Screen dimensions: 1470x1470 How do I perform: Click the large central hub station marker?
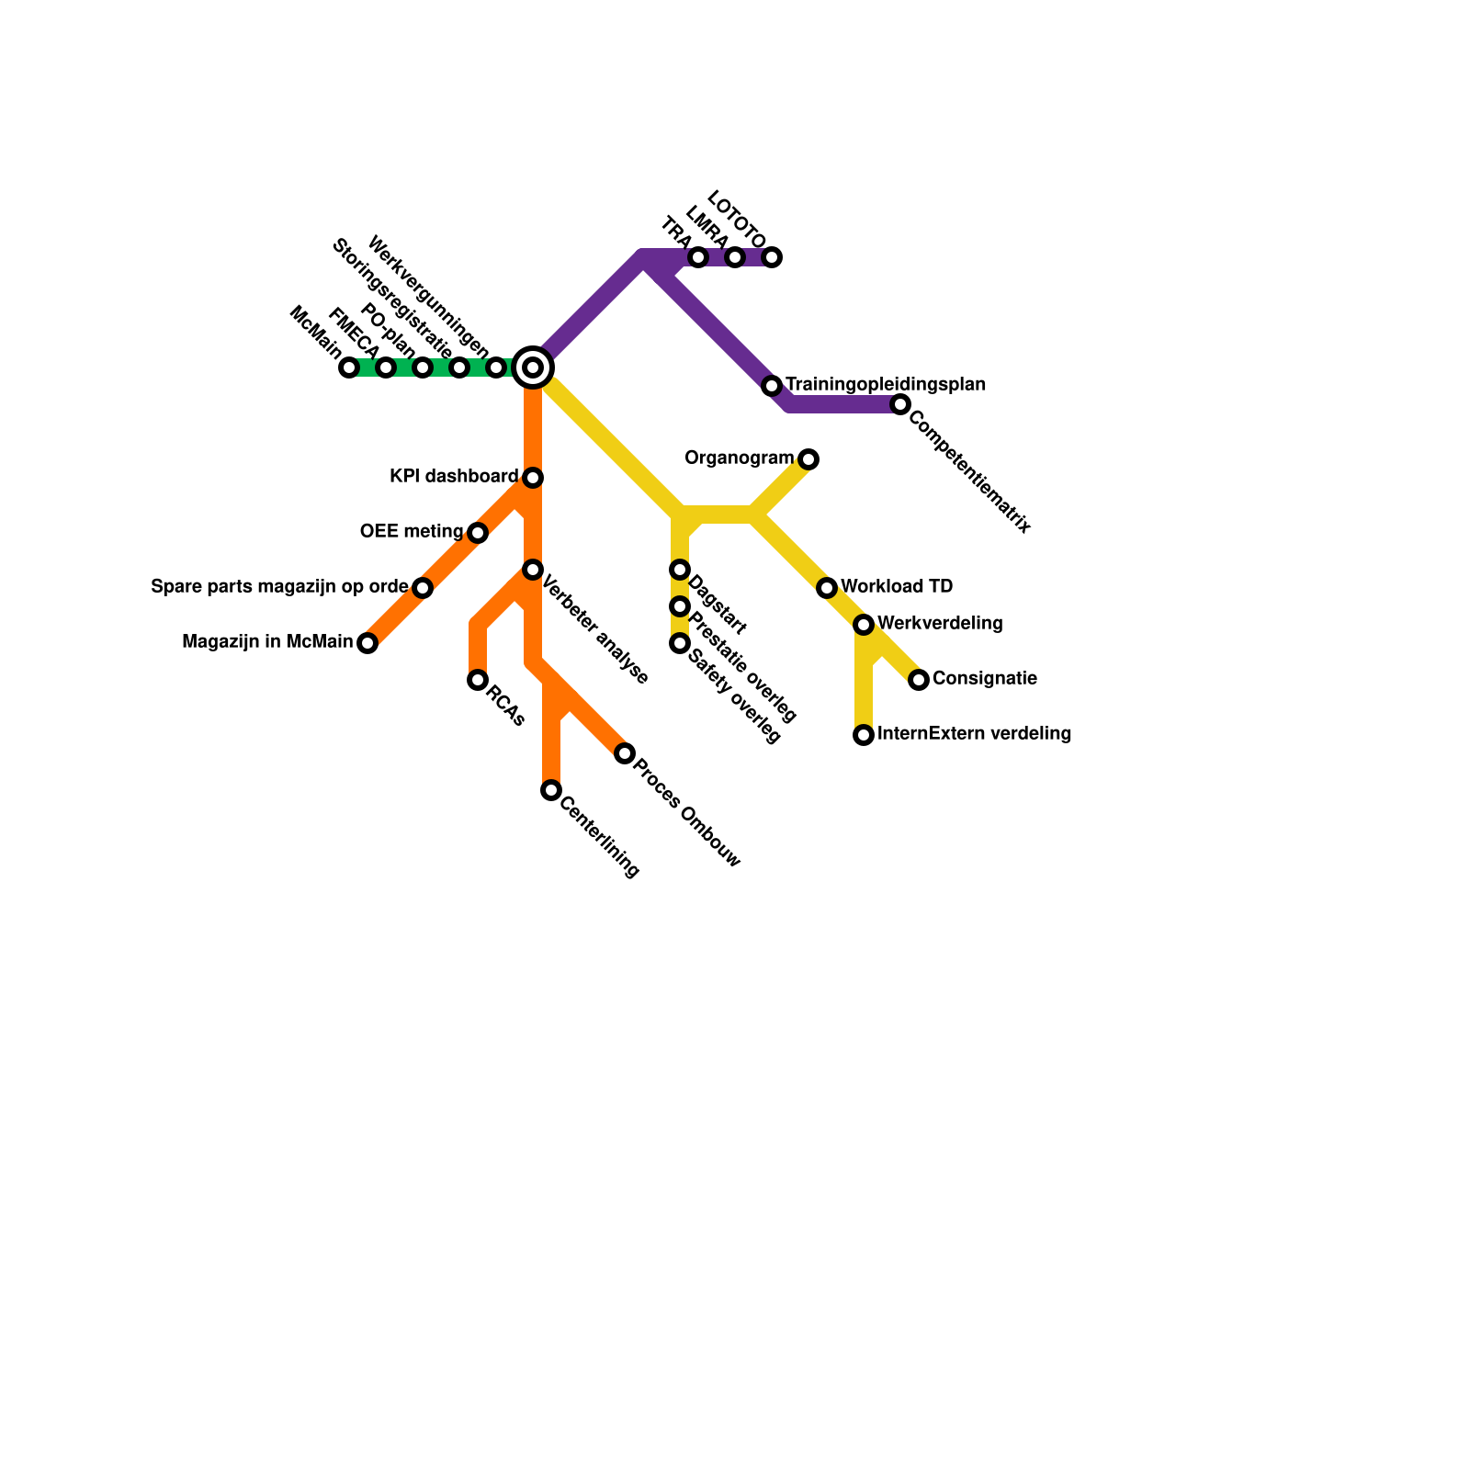click(x=533, y=367)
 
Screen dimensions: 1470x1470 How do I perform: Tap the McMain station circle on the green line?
click(x=349, y=367)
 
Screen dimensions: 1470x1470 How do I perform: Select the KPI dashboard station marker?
click(x=533, y=478)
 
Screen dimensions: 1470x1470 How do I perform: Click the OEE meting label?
click(x=411, y=532)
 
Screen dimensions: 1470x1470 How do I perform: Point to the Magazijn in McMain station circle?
click(x=367, y=643)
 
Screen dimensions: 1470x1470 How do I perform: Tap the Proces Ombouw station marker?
click(x=625, y=753)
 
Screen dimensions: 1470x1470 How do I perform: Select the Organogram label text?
click(x=739, y=458)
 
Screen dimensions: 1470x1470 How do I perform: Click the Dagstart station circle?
click(x=680, y=570)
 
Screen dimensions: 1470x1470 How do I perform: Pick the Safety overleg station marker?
click(x=680, y=643)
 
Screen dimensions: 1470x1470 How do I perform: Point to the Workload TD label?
click(x=896, y=587)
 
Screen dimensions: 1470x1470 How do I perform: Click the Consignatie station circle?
click(x=919, y=680)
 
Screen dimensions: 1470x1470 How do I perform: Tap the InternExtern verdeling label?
click(x=974, y=734)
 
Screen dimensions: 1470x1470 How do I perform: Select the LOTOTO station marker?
click(x=772, y=257)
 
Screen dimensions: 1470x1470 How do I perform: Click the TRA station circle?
click(x=698, y=257)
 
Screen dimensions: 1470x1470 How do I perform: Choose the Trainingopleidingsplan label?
click(x=885, y=384)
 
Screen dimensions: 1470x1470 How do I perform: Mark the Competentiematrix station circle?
click(x=900, y=404)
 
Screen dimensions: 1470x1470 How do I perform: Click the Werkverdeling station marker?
click(x=864, y=625)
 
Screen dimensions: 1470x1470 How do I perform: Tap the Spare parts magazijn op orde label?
click(x=278, y=587)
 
